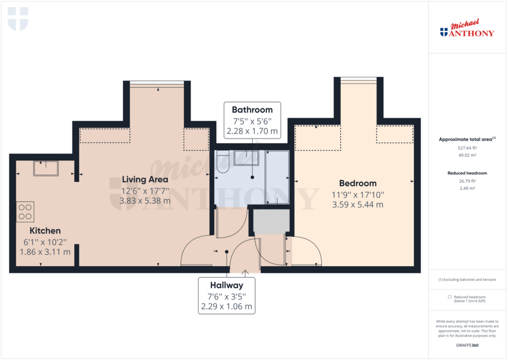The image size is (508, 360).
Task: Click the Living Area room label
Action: pos(145,179)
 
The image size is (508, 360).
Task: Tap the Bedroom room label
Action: pos(358,183)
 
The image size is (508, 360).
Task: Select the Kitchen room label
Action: pos(45,230)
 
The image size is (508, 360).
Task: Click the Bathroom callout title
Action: pos(253,110)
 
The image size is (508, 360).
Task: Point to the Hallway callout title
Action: pos(226,285)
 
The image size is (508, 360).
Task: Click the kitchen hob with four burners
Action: pos(25,211)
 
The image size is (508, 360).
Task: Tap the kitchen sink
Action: pos(46,168)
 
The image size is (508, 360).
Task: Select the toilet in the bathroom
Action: pos(222,162)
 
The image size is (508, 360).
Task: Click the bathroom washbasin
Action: pos(246,157)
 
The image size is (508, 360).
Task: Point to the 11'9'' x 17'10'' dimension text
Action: pos(358,195)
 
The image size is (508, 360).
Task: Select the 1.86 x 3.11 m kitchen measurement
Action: pos(45,252)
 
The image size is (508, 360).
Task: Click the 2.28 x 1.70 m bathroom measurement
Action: pos(253,132)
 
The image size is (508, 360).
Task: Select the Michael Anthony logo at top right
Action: pos(467,30)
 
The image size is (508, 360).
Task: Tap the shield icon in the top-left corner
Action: pos(18,18)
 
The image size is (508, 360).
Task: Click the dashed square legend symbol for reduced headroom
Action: pos(450,296)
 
